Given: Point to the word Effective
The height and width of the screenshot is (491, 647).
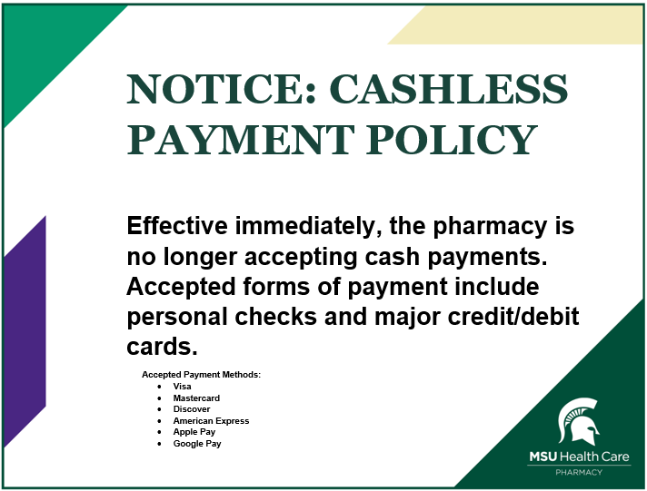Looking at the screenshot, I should point(178,227).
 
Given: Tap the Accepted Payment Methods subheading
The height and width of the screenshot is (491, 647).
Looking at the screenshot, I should point(201,375).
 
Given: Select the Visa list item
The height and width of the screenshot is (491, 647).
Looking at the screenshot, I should point(182,387).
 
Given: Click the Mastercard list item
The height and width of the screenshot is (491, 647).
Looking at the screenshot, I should point(196,398).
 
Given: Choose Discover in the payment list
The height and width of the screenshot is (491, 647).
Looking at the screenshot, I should point(192,409).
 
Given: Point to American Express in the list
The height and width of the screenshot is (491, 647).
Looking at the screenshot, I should point(211,421).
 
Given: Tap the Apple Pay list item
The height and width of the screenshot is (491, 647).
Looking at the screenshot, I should point(194,432).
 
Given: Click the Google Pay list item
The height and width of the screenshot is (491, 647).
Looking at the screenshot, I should point(197,444).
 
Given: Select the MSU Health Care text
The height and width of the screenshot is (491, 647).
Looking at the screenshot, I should point(579,457).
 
